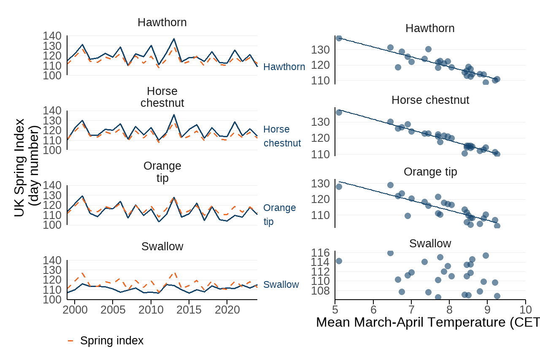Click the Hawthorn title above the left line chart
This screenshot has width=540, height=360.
[x=162, y=22]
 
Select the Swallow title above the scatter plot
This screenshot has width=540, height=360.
[x=430, y=244]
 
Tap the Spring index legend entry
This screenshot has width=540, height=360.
[x=111, y=341]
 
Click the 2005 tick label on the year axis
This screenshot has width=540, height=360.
[x=113, y=309]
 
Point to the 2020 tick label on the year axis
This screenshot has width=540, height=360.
[x=227, y=309]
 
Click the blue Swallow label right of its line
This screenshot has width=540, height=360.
[x=281, y=284]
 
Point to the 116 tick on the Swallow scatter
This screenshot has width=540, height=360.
[x=321, y=253]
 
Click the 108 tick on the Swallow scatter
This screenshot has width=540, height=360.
[x=321, y=291]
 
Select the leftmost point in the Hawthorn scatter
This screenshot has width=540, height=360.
[x=339, y=38]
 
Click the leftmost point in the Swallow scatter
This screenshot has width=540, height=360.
[x=339, y=261]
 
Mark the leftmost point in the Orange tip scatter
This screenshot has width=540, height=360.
[x=339, y=187]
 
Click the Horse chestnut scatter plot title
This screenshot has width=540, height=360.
[x=430, y=100]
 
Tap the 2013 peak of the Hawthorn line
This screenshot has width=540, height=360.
[x=174, y=39]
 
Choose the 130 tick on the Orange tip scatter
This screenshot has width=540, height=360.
[x=321, y=184]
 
